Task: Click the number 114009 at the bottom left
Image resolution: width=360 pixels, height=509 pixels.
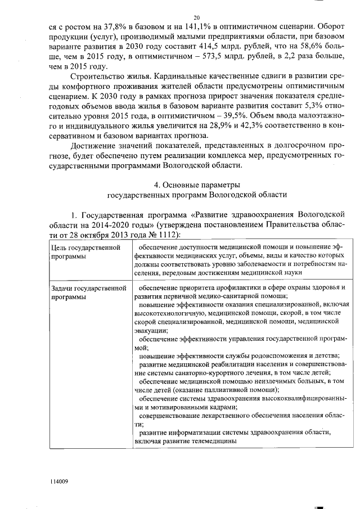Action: pos(59,482)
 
